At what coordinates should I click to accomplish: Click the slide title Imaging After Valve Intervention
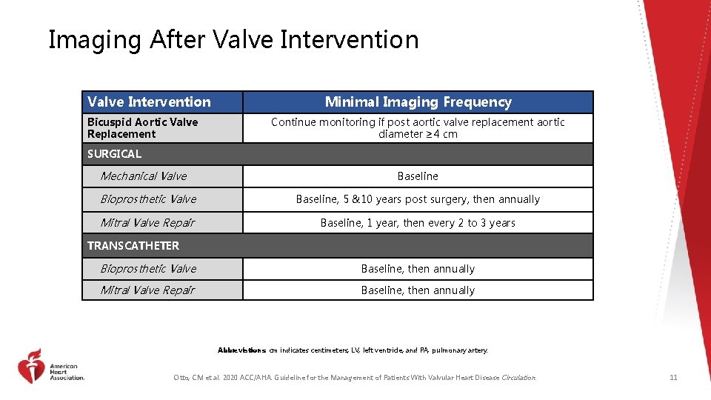click(233, 39)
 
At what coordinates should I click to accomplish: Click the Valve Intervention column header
click(149, 102)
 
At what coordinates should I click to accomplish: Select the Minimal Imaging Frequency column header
click(418, 102)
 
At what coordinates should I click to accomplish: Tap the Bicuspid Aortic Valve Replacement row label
click(142, 127)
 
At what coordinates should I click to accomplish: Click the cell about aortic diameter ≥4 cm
click(418, 127)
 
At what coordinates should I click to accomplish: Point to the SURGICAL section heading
click(114, 154)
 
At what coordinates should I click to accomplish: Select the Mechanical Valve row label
click(143, 176)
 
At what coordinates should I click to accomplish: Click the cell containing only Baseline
click(418, 176)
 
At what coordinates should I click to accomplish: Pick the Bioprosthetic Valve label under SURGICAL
click(148, 199)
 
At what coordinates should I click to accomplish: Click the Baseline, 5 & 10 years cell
click(418, 199)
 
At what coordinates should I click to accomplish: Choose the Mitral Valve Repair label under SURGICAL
click(147, 223)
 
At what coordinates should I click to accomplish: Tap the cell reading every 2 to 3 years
click(418, 223)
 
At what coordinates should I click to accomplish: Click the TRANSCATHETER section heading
click(133, 245)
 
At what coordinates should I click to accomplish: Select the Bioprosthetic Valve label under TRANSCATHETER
click(148, 269)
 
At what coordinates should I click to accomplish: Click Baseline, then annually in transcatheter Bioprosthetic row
click(418, 269)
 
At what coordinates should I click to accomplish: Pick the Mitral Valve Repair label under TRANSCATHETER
click(147, 290)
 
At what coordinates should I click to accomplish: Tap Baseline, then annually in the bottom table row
click(418, 290)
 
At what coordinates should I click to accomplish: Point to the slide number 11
click(673, 378)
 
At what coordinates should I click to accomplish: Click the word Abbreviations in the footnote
click(241, 350)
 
